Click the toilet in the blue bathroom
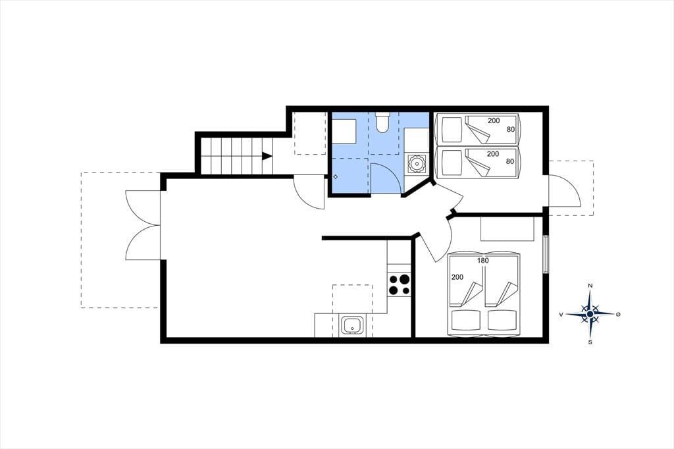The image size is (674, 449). coord(382,122)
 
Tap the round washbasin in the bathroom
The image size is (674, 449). coord(417,163)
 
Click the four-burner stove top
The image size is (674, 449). coord(399,284)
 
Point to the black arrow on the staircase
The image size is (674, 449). coord(267,156)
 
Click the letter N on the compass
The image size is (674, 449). coord(590,286)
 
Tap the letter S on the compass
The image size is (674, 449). coord(590,342)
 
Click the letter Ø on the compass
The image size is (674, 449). coord(618,315)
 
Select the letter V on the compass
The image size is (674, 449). coord(561,315)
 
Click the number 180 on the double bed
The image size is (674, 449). coord(482,261)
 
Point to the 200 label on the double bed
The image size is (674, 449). coord(457,277)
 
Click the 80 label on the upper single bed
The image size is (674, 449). coord(510,129)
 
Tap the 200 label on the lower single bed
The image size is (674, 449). coord(492,153)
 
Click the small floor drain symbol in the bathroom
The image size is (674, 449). coord(335,176)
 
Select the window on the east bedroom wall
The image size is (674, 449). coord(546,254)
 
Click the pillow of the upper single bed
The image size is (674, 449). coord(452,130)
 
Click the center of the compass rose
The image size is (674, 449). coord(590,315)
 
